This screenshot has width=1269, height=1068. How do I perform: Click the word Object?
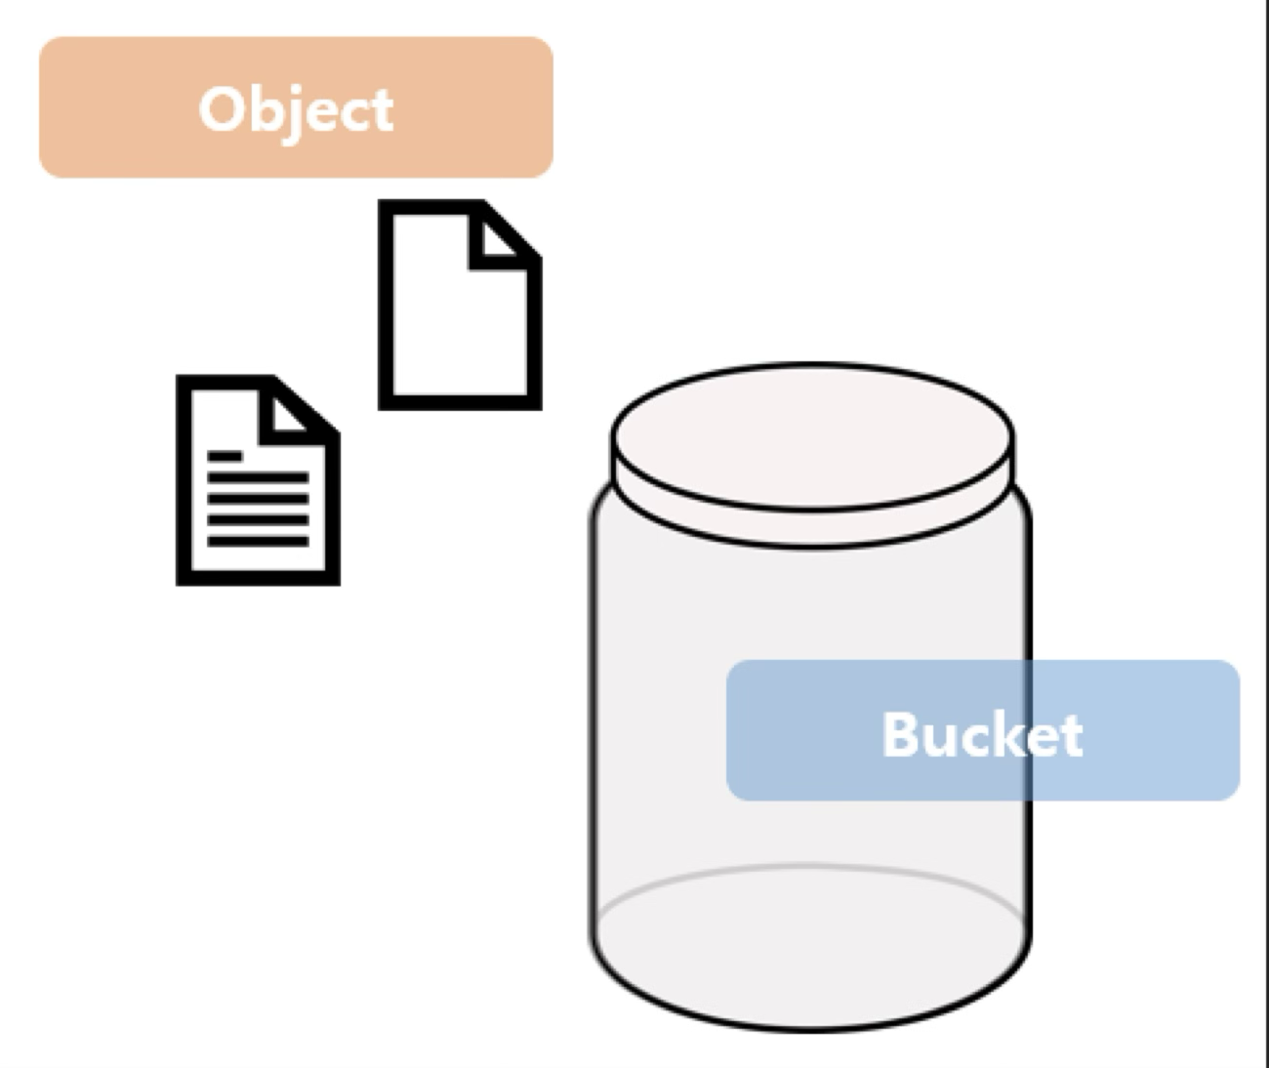(296, 109)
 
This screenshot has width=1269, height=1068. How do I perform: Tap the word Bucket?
(982, 734)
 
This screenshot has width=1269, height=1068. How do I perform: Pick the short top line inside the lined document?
(225, 456)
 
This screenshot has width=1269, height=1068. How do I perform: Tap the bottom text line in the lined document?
(258, 540)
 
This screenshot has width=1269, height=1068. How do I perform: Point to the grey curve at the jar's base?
(810, 868)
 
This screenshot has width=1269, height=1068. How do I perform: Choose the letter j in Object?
(292, 112)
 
